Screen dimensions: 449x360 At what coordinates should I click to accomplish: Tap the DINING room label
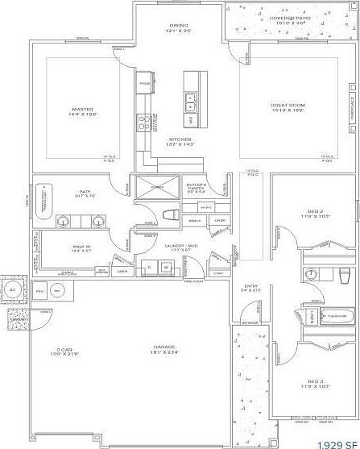178,26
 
